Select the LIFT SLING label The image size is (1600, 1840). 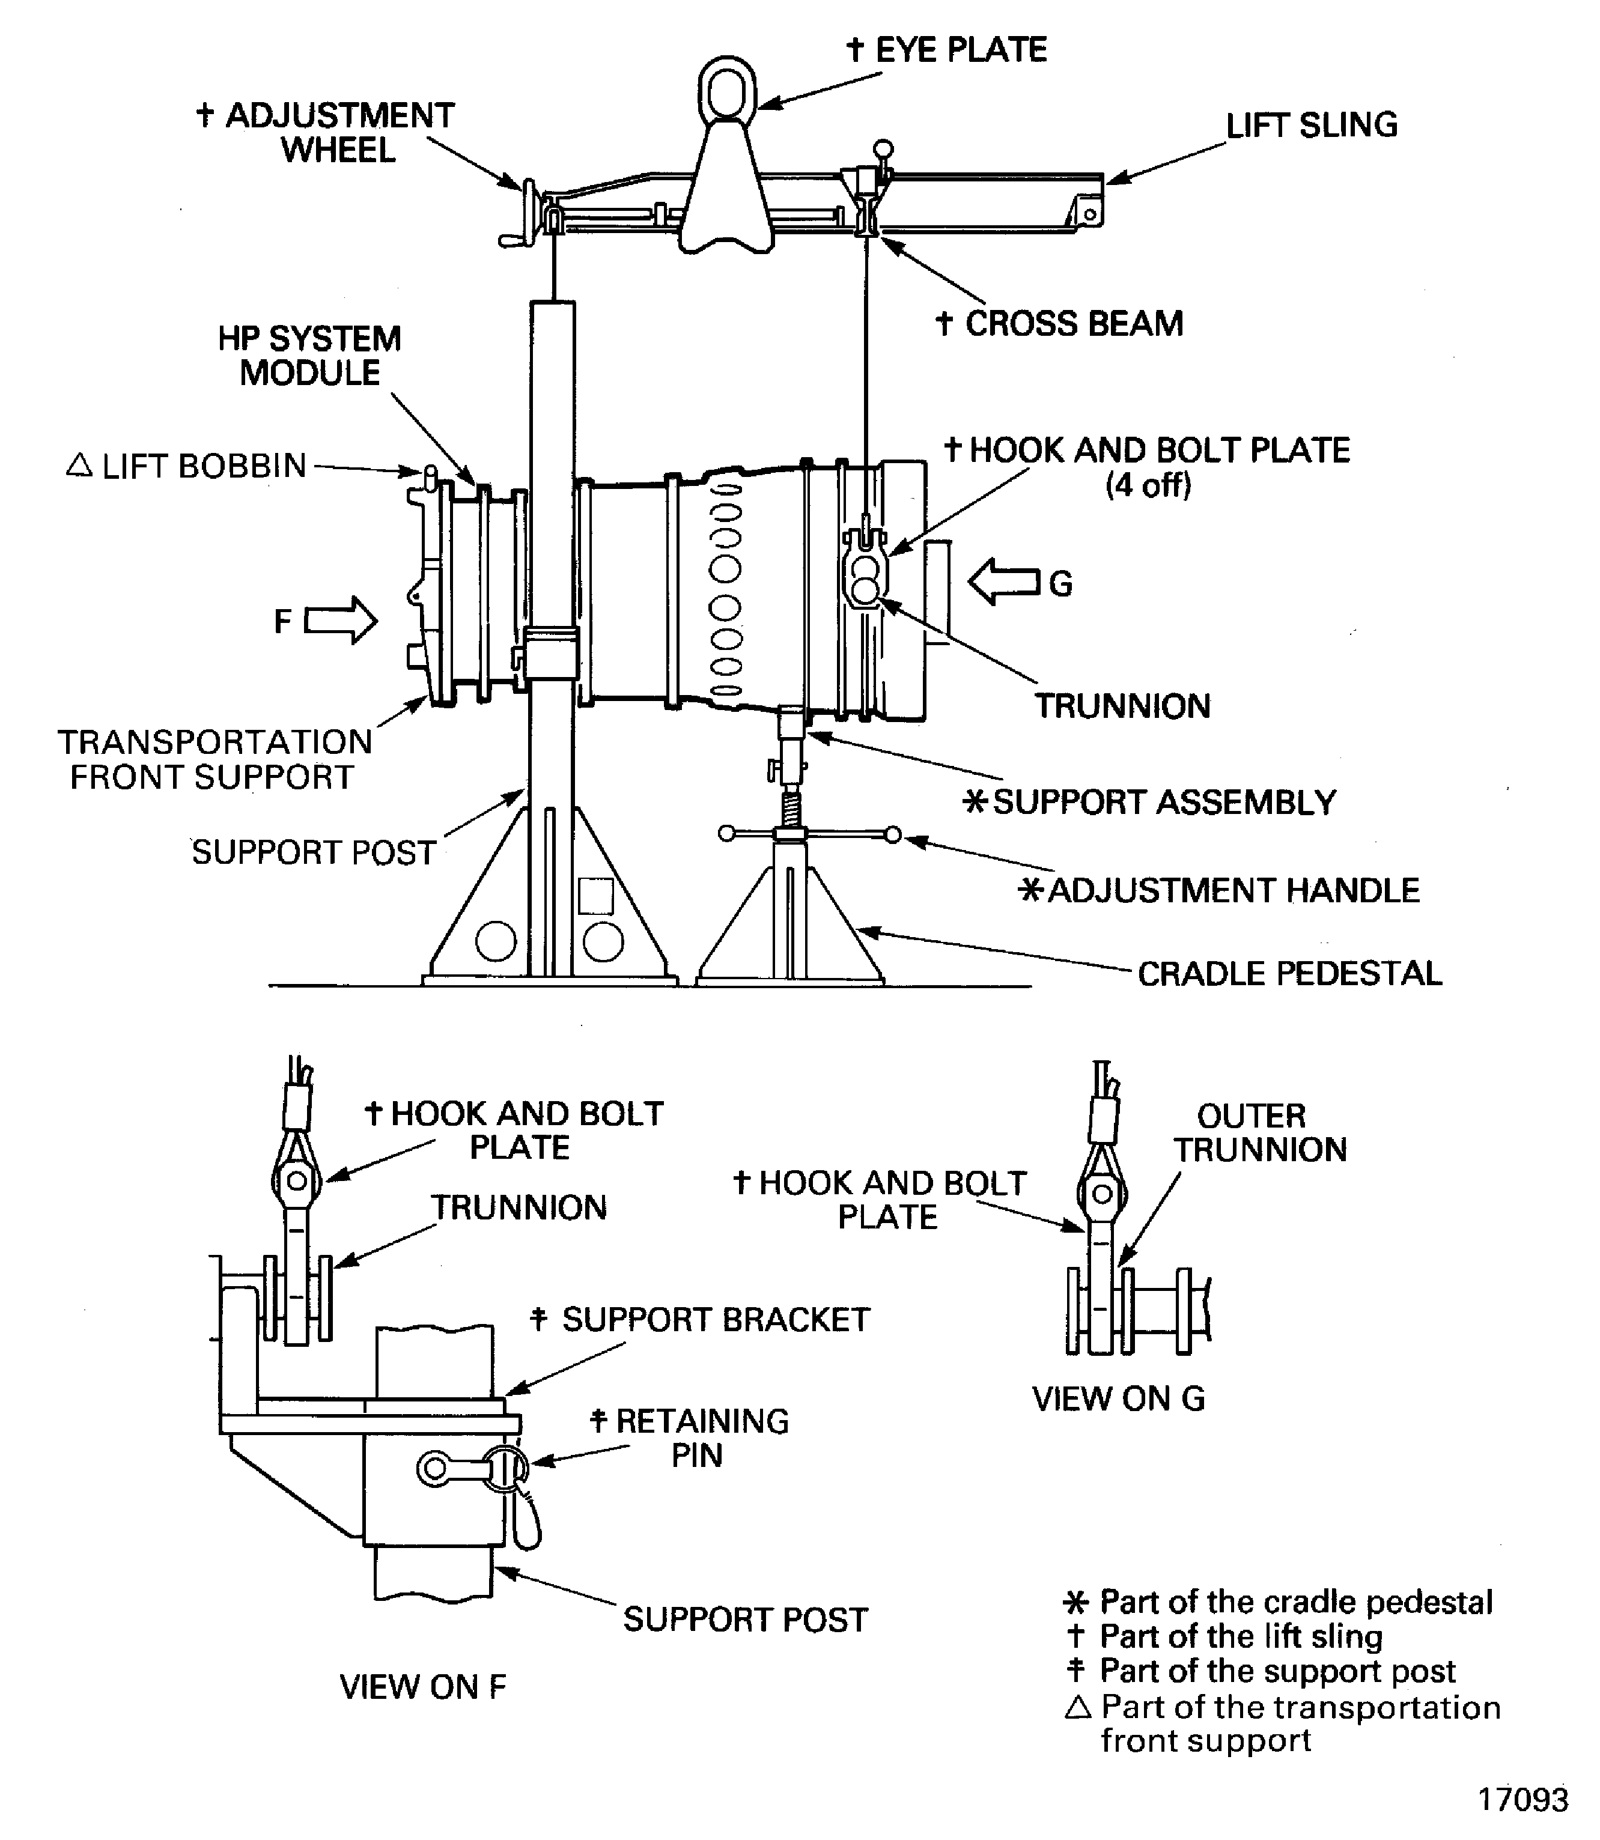pos(1312,125)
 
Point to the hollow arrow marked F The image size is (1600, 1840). pos(340,619)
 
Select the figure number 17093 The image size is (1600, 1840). pos(1523,1799)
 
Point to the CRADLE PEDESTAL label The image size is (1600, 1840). pos(1290,973)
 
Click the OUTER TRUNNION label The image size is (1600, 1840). pos(1260,1133)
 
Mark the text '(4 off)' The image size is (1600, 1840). pos(1148,485)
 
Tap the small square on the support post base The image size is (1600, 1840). pos(595,896)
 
